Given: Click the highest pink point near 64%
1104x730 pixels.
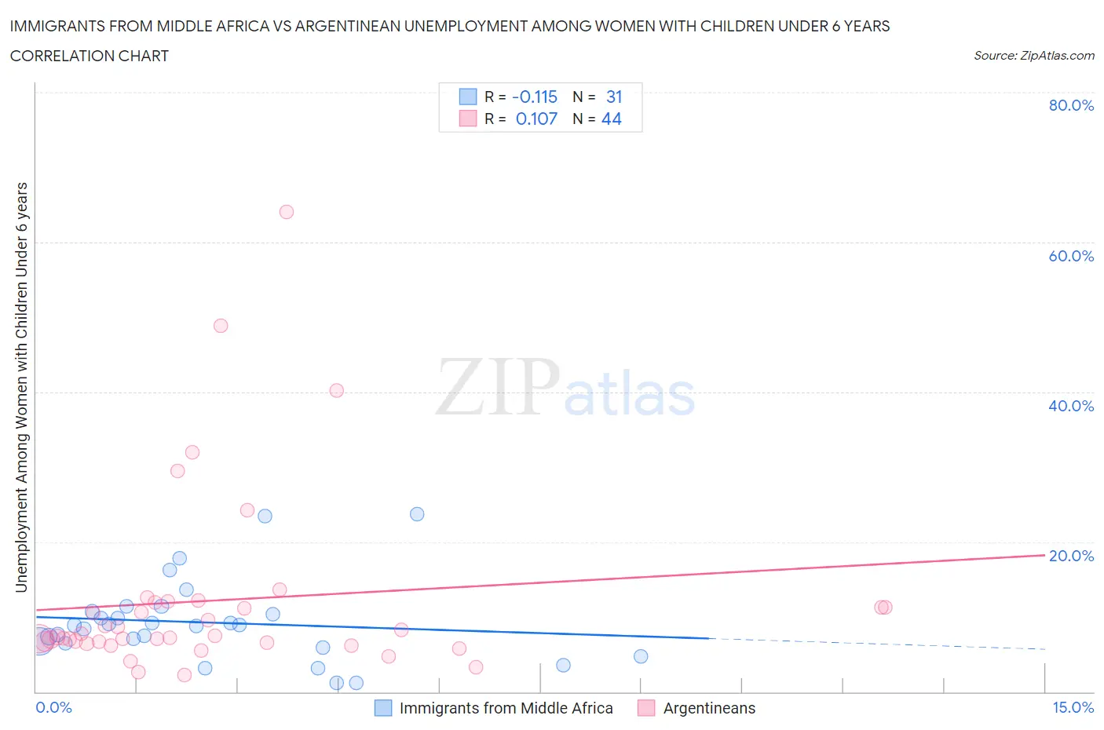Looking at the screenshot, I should click(x=287, y=212).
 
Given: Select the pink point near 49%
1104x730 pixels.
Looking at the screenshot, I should click(x=221, y=326).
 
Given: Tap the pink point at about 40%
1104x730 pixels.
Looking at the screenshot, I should click(x=337, y=390).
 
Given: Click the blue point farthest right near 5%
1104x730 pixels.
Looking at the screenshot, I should click(x=641, y=656).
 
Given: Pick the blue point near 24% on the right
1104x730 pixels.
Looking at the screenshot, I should click(x=417, y=514).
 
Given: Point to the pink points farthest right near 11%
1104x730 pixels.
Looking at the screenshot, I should click(x=883, y=607).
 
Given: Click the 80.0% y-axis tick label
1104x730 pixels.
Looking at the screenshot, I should click(x=1071, y=105).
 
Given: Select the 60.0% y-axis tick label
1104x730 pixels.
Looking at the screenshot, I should click(x=1071, y=256).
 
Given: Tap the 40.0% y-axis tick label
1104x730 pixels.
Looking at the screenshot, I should click(x=1071, y=406).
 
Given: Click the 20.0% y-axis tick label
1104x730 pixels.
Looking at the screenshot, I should click(x=1071, y=556).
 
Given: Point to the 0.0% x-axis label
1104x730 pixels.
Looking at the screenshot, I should click(x=53, y=707).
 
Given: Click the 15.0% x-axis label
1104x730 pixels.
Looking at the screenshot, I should click(x=1073, y=707).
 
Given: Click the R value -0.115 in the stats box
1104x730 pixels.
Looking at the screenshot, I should click(x=535, y=97).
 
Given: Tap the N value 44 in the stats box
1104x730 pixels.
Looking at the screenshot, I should click(x=611, y=119).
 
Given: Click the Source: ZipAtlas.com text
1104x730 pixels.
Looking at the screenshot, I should click(x=1033, y=56).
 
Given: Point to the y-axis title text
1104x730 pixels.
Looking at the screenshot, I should click(x=21, y=387).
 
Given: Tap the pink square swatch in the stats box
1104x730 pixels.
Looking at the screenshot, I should click(x=468, y=119).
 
